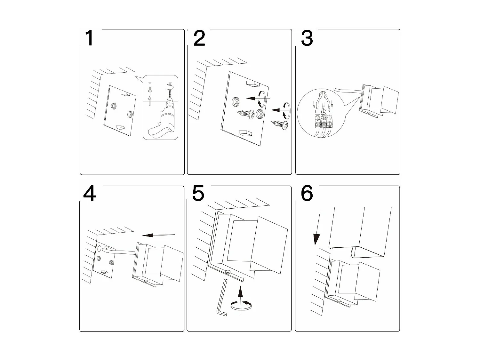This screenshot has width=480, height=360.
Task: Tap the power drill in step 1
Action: (x=161, y=122)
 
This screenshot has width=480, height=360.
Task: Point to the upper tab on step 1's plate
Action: (x=124, y=94)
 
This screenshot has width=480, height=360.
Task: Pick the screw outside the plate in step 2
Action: (x=279, y=124)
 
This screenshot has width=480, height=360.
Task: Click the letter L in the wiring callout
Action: (x=316, y=111)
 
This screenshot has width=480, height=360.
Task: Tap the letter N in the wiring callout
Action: (x=329, y=111)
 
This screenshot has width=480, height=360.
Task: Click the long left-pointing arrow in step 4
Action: (x=158, y=235)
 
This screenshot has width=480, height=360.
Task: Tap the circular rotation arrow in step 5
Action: (x=241, y=305)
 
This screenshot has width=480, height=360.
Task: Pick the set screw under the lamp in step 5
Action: (x=228, y=271)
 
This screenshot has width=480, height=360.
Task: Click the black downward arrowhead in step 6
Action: (x=316, y=239)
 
